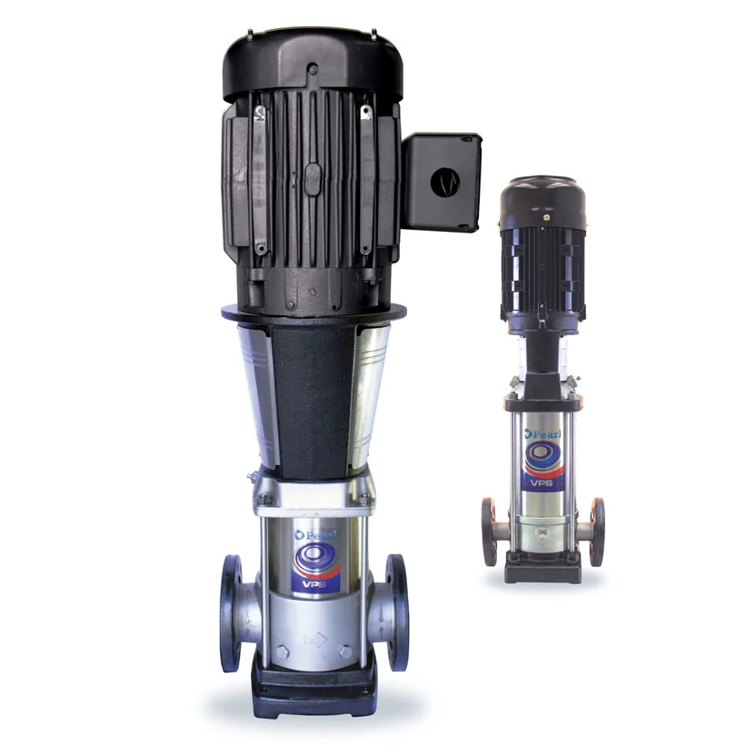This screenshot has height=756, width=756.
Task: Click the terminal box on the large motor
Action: coord(442,183)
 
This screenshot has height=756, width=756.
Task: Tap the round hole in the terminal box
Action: coord(444,183)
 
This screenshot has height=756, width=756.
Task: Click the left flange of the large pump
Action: coord(231,613)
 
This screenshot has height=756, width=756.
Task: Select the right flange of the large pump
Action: coord(397,612)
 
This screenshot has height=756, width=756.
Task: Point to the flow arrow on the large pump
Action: coord(316,640)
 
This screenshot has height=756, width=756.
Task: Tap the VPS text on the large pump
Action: coord(314,584)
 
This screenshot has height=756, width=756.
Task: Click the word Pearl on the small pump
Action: coord(543,433)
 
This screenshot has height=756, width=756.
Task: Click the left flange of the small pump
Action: coord(489,532)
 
